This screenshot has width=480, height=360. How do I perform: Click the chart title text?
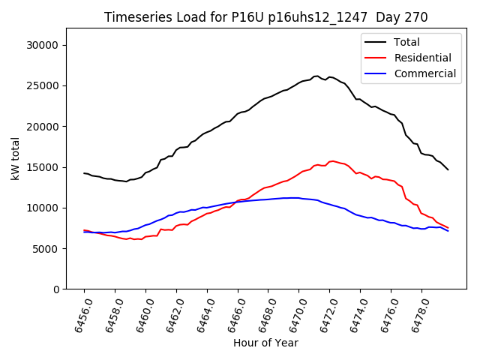265,17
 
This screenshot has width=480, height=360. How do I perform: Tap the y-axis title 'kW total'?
16,158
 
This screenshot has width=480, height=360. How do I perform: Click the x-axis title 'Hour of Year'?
265,343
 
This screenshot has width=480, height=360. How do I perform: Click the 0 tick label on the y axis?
55,289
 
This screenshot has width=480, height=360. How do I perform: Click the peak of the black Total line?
316,76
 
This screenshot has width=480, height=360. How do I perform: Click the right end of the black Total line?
448,169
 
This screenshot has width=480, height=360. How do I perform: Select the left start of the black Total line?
84,172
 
